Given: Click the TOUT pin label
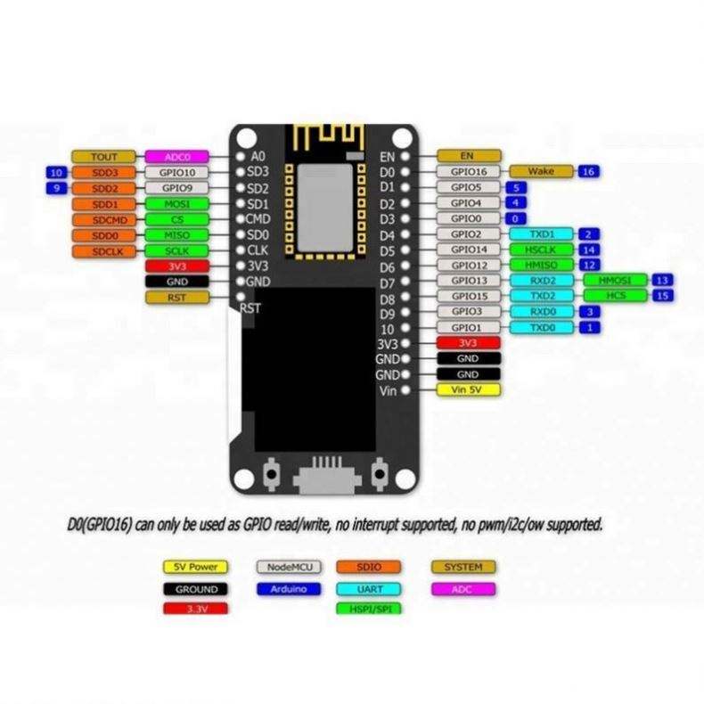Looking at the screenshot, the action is [x=103, y=156].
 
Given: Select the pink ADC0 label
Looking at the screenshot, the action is [x=176, y=156].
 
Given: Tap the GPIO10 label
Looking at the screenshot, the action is [x=176, y=172].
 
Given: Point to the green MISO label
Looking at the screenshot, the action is [x=176, y=235].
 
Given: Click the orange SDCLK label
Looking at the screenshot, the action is [x=103, y=251].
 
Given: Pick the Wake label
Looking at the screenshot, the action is [x=541, y=171].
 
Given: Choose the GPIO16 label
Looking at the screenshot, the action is [x=469, y=171].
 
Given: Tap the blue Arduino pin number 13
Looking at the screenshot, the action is [x=661, y=280].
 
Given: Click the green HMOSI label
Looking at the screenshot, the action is [x=615, y=280].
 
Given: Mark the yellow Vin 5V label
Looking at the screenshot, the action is [x=468, y=390].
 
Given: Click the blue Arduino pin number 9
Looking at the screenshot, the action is [x=55, y=188].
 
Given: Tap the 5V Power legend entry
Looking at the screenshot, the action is [x=195, y=567].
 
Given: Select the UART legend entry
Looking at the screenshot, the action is [x=369, y=588].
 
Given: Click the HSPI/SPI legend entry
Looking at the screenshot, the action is [x=369, y=609].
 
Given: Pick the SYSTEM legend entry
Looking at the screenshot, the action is [x=463, y=567].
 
